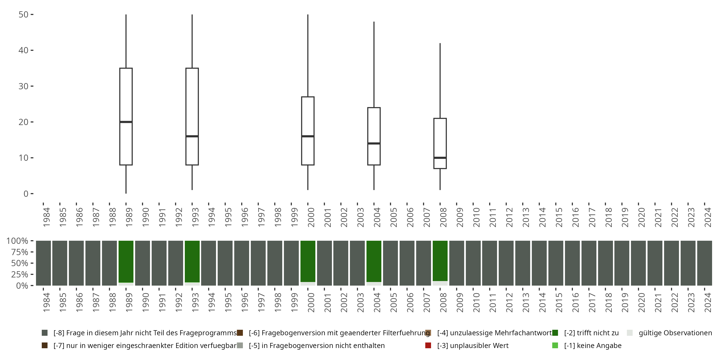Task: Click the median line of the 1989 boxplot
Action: [126, 122]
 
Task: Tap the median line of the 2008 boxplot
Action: [440, 158]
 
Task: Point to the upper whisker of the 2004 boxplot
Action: [374, 64]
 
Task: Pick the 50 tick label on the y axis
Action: [24, 15]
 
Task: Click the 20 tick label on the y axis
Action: [24, 122]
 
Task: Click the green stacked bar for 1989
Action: [126, 261]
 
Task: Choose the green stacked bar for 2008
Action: [440, 260]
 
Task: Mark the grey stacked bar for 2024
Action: [704, 263]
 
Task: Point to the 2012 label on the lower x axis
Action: [509, 303]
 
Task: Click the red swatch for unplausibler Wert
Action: [428, 345]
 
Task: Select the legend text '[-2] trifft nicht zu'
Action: [591, 333]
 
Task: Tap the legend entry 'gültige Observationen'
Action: [675, 333]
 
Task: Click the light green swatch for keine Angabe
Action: [555, 345]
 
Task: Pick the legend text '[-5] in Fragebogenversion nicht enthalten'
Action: [317, 345]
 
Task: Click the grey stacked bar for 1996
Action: [241, 263]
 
